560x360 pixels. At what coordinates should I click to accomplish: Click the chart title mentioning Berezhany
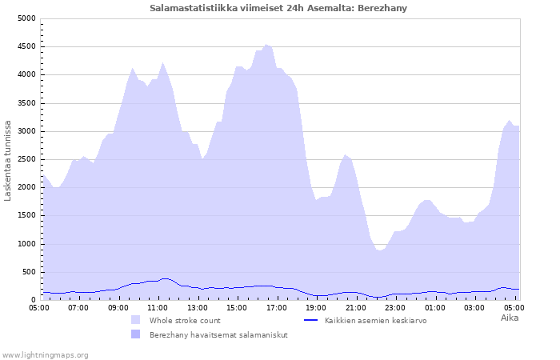point(278,8)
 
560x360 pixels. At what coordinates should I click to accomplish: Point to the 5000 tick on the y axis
point(26,18)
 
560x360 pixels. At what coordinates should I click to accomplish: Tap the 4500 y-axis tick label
point(26,46)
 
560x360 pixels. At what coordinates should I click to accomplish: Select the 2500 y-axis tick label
point(26,159)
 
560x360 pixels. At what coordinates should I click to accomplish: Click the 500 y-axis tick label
point(29,272)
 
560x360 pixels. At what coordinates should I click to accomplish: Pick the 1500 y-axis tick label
point(26,216)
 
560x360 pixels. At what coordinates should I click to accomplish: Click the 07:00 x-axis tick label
point(78,308)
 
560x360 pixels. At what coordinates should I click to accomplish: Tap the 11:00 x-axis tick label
point(158,308)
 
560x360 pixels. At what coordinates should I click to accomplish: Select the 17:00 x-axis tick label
point(277,308)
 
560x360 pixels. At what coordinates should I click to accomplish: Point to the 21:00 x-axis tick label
point(356,308)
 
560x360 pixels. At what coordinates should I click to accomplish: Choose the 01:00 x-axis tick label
point(435,308)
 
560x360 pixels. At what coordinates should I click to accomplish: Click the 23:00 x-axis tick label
point(395,308)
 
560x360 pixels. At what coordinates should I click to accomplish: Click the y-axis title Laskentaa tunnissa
point(7,161)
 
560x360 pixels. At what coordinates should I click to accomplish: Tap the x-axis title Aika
point(510,318)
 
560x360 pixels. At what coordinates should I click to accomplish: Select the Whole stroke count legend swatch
point(136,320)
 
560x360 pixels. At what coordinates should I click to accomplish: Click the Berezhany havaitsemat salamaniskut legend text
point(218,335)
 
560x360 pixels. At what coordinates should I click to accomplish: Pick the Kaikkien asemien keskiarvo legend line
point(310,320)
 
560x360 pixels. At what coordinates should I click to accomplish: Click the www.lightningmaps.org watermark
point(45,355)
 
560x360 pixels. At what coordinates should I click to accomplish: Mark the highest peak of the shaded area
point(266,45)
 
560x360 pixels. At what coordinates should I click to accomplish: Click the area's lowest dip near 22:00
point(380,250)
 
